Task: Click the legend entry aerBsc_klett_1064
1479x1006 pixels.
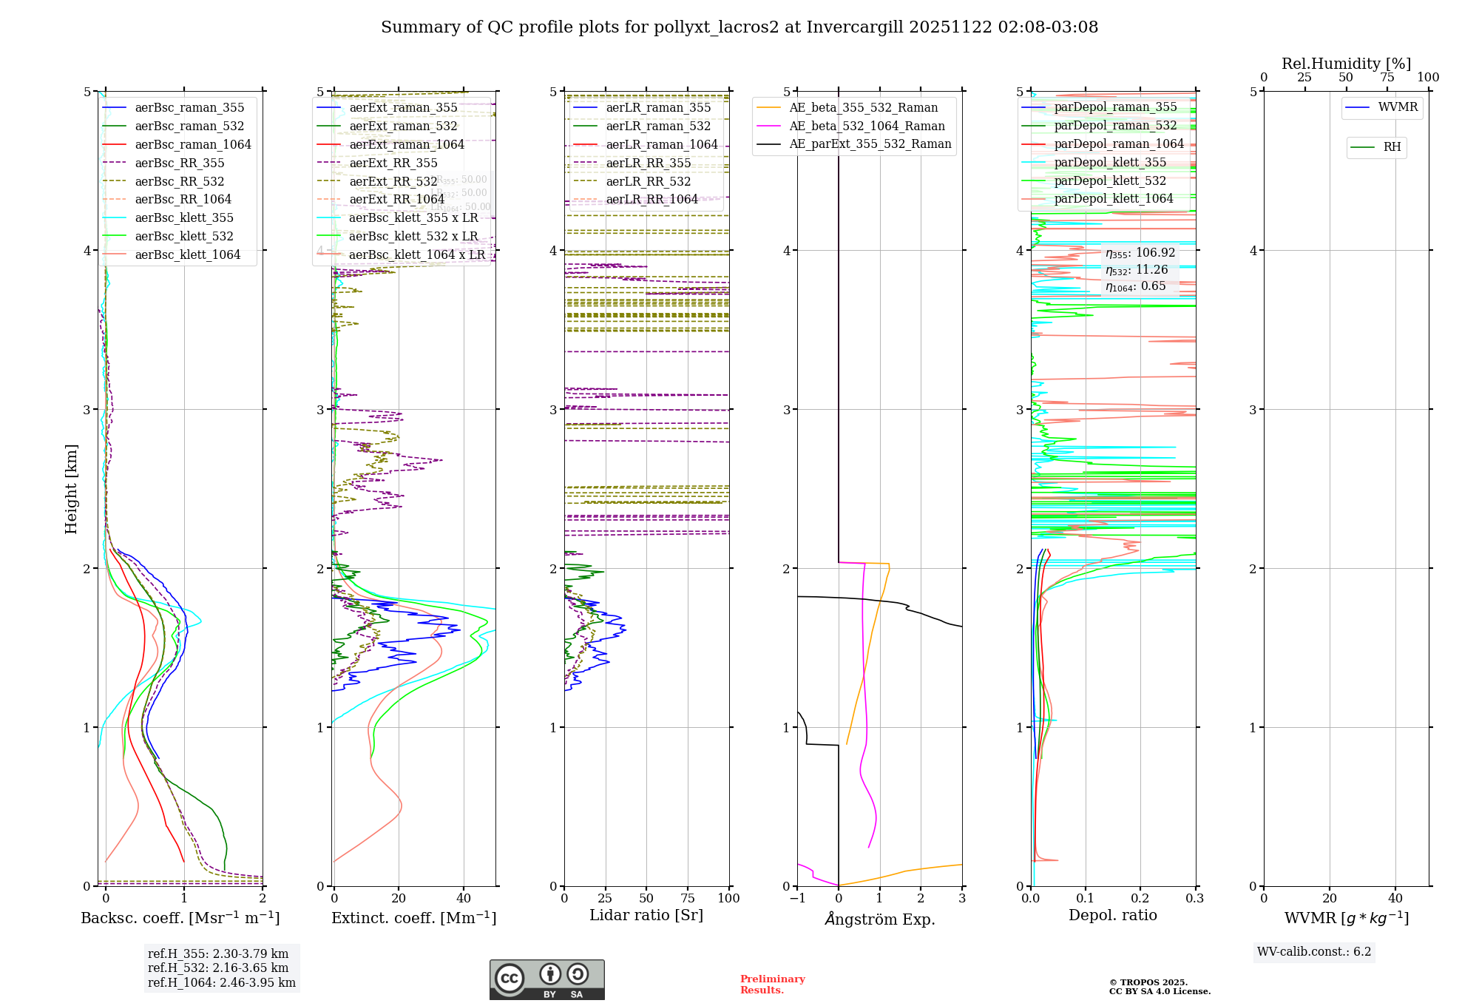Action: coord(187,255)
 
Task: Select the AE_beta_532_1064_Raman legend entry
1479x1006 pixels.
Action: coord(867,126)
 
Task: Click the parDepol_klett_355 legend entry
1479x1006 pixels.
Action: coord(1109,163)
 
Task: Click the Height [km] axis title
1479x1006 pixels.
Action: coord(71,489)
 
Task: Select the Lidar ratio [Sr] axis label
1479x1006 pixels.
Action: coord(646,916)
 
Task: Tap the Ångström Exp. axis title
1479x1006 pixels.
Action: coord(879,919)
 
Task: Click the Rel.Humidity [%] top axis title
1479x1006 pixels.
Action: coord(1346,64)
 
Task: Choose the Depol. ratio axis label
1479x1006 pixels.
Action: coord(1112,916)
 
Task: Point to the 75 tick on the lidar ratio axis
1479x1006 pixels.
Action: coord(688,899)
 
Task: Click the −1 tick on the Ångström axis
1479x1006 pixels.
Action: coord(797,899)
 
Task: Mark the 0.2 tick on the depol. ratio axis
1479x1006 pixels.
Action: coord(1140,899)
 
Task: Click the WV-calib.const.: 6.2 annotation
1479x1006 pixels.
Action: coord(1313,952)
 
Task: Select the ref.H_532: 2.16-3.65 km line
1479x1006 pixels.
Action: coord(218,968)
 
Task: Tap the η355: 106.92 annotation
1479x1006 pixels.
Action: coord(1140,253)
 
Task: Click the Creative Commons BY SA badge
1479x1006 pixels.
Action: coord(546,980)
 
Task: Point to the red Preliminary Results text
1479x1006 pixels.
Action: coord(772,985)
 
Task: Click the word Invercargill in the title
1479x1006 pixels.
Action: coord(854,27)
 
